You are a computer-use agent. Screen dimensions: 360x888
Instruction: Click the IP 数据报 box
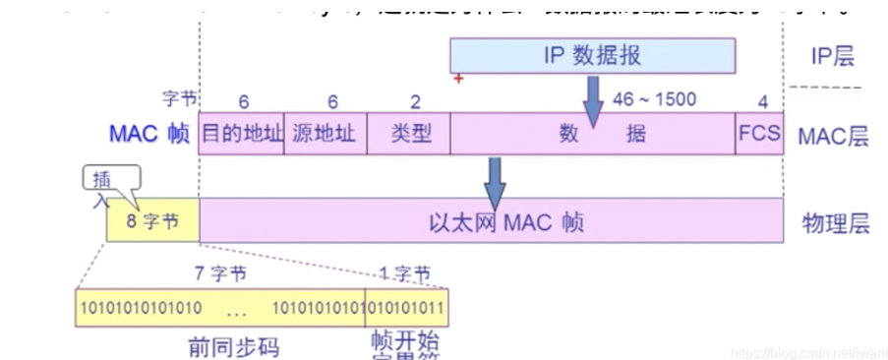click(592, 56)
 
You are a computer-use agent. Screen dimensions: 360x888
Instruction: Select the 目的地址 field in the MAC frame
click(241, 133)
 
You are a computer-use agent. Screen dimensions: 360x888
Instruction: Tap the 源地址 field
click(325, 133)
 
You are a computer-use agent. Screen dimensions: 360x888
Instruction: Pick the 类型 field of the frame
click(408, 133)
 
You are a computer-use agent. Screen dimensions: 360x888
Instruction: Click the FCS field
click(758, 133)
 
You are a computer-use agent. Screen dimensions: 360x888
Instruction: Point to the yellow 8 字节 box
click(152, 222)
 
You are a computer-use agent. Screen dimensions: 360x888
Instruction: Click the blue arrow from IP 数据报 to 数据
click(593, 98)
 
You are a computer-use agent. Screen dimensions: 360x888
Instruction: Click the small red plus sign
click(458, 78)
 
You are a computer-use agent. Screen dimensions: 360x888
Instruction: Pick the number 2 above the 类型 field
click(415, 100)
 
